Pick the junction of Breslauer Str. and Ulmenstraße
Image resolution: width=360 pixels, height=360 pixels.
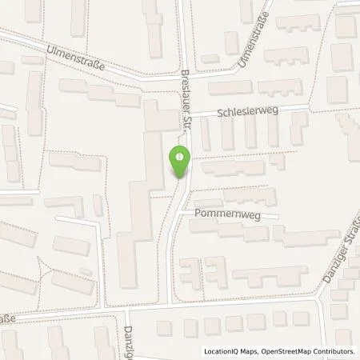(184, 78)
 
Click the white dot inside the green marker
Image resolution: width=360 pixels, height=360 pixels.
(180, 157)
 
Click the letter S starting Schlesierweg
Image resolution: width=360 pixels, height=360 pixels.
(215, 115)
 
